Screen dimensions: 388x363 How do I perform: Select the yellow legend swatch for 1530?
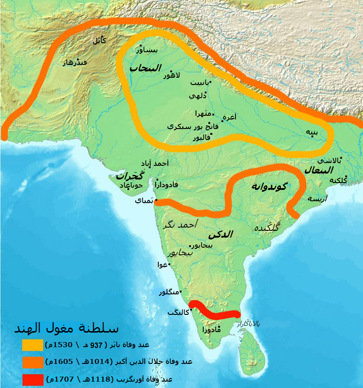point(32,345)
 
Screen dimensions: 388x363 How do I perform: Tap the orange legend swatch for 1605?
point(32,362)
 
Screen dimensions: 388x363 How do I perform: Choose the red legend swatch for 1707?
point(32,378)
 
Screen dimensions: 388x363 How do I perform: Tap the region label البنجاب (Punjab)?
point(145,68)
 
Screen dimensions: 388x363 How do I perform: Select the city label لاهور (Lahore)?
point(172,75)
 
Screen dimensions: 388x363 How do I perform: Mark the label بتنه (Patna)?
point(311,132)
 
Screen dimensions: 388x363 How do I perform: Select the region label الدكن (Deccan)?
point(221,234)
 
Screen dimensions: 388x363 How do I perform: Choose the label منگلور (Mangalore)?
point(169,292)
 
